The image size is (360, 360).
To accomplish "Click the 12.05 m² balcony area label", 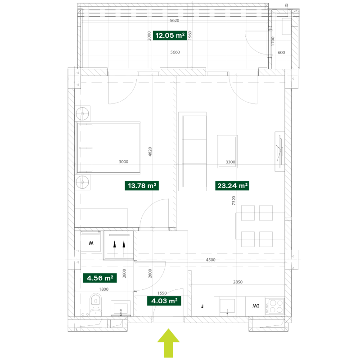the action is pos(170,36).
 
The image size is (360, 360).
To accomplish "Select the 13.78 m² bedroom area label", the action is pos(142,186).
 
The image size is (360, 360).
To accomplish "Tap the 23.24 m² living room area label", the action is pos(232,186).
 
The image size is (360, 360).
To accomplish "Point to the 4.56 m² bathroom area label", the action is pos(99,278).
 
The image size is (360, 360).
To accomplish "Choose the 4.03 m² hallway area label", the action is pos(164,301).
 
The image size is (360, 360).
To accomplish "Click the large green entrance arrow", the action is pos(168,343).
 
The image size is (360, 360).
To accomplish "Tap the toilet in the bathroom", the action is pos(95,305).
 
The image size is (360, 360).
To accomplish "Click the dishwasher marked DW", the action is pos(256,306).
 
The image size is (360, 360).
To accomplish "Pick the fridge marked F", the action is pos(202,306).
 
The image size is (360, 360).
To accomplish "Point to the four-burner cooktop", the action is pos(275,306).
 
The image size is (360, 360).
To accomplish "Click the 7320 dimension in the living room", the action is pos(234,201).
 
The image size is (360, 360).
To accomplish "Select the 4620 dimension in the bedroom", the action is pos(150,152).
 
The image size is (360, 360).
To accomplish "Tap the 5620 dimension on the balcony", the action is pos(175,20).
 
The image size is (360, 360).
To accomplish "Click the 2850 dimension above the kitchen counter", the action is pos(238,282).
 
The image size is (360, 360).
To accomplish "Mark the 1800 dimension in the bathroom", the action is pos(104,289).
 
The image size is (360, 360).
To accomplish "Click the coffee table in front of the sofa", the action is pos(227,152).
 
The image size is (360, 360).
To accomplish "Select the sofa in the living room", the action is pos(193,152).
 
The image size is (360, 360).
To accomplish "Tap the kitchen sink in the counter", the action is pos(227,306).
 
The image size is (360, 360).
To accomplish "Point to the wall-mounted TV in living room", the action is pos(279,152).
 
